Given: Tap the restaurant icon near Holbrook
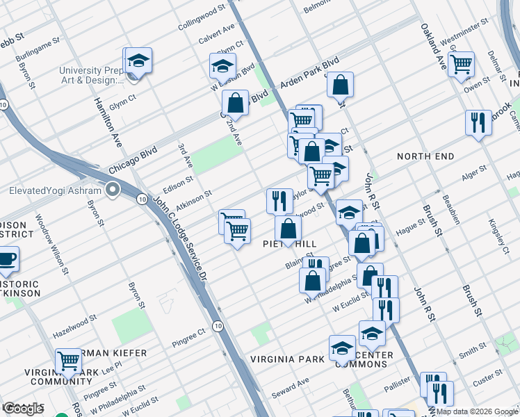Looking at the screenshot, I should [x=477, y=123].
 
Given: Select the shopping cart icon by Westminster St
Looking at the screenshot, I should [x=462, y=65].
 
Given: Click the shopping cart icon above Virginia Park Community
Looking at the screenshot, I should [x=68, y=361].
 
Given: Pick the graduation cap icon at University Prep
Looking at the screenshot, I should [x=138, y=60].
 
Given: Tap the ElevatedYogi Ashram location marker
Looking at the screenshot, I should [x=113, y=190].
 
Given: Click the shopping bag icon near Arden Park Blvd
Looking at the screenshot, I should [x=341, y=85].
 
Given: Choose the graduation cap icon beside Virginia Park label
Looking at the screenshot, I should [x=342, y=347].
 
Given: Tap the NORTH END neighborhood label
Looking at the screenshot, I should [x=425, y=156].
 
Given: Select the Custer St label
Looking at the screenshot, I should [x=487, y=377].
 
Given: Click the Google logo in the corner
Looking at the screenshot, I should [x=23, y=409].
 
